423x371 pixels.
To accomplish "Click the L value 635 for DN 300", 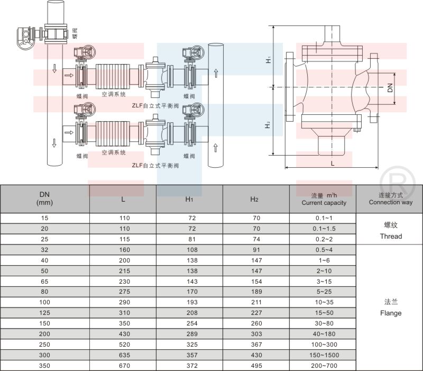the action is tap(124, 355).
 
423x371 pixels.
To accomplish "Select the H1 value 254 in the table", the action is tap(192, 323).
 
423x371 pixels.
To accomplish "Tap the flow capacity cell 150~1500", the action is tap(324, 355).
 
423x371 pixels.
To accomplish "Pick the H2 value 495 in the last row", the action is tap(256, 366).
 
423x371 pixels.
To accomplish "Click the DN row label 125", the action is tap(44, 313).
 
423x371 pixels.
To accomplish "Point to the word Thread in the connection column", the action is tap(391, 236).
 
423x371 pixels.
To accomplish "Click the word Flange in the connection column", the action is tap(391, 313).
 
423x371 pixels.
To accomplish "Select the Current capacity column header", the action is tap(324, 203).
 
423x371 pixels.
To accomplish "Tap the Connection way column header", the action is tap(391, 202).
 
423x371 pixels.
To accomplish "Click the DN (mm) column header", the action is tap(44, 198).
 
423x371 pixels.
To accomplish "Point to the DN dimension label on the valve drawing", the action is tap(390, 88).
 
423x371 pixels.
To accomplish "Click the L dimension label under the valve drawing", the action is tap(333, 164).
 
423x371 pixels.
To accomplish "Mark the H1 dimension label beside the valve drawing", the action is tap(269, 60).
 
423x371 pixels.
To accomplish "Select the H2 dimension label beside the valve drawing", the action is tap(268, 125).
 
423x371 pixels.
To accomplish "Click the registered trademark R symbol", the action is tap(398, 184).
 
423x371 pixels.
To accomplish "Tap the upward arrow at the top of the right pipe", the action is tap(216, 73).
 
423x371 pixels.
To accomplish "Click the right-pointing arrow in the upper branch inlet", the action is tap(69, 75).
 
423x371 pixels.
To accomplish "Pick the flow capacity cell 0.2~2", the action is tap(324, 239).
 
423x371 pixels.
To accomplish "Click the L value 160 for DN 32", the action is tap(124, 250).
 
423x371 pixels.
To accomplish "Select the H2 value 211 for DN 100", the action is tap(256, 302).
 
